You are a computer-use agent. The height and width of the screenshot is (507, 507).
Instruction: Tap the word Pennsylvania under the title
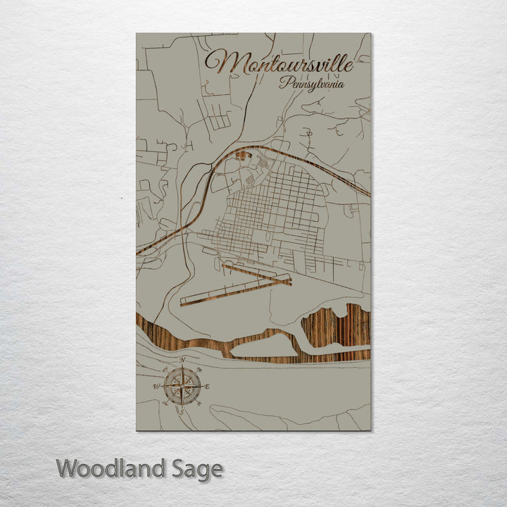(311, 83)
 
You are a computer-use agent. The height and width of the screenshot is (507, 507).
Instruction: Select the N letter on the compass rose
(182, 361)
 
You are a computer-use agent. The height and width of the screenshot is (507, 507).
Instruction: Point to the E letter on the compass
(207, 386)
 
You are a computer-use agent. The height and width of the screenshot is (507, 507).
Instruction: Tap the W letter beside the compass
(156, 386)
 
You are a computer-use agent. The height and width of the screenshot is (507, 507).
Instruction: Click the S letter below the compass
(182, 411)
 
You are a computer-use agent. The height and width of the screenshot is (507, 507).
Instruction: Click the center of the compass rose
(182, 385)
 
